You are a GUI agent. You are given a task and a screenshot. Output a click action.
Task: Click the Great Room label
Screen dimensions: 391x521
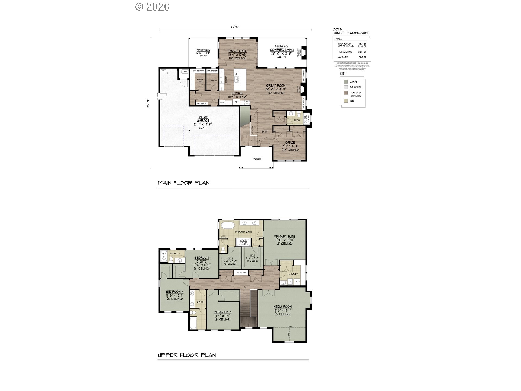[276, 86]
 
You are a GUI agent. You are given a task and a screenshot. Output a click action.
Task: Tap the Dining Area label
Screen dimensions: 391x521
[237, 51]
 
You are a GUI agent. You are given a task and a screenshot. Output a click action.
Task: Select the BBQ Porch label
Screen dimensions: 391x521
[203, 51]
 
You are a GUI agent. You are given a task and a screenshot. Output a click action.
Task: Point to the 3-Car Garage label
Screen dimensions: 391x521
[203, 119]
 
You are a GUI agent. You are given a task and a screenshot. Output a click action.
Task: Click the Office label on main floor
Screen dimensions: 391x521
[290, 143]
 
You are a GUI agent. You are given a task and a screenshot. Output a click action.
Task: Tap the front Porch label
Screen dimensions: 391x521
[257, 159]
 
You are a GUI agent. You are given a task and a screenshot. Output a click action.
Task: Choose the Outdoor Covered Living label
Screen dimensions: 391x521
[282, 48]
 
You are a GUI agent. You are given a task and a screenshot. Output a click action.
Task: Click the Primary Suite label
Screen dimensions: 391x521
[284, 237]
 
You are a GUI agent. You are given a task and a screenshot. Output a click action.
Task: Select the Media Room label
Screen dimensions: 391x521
[282, 307]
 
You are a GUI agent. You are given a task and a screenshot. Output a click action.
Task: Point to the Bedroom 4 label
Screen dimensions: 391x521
[174, 292]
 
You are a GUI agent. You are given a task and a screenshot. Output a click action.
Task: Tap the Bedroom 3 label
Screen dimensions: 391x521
[222, 312]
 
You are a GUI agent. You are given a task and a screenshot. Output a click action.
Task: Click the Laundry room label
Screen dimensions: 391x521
[293, 274]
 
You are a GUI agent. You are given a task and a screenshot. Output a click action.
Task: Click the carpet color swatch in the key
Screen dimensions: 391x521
[346, 81]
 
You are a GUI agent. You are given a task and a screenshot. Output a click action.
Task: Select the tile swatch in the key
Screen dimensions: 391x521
[346, 101]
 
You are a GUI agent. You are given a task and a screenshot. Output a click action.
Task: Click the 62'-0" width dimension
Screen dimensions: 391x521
[235, 27]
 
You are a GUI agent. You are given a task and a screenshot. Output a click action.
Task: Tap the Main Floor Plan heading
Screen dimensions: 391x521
[184, 183]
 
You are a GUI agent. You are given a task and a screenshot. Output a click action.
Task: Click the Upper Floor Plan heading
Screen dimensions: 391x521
[187, 355]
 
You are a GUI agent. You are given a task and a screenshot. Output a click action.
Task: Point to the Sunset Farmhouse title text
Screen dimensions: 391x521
[351, 33]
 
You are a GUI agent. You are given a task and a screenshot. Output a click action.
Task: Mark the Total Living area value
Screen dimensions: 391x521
[362, 52]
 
